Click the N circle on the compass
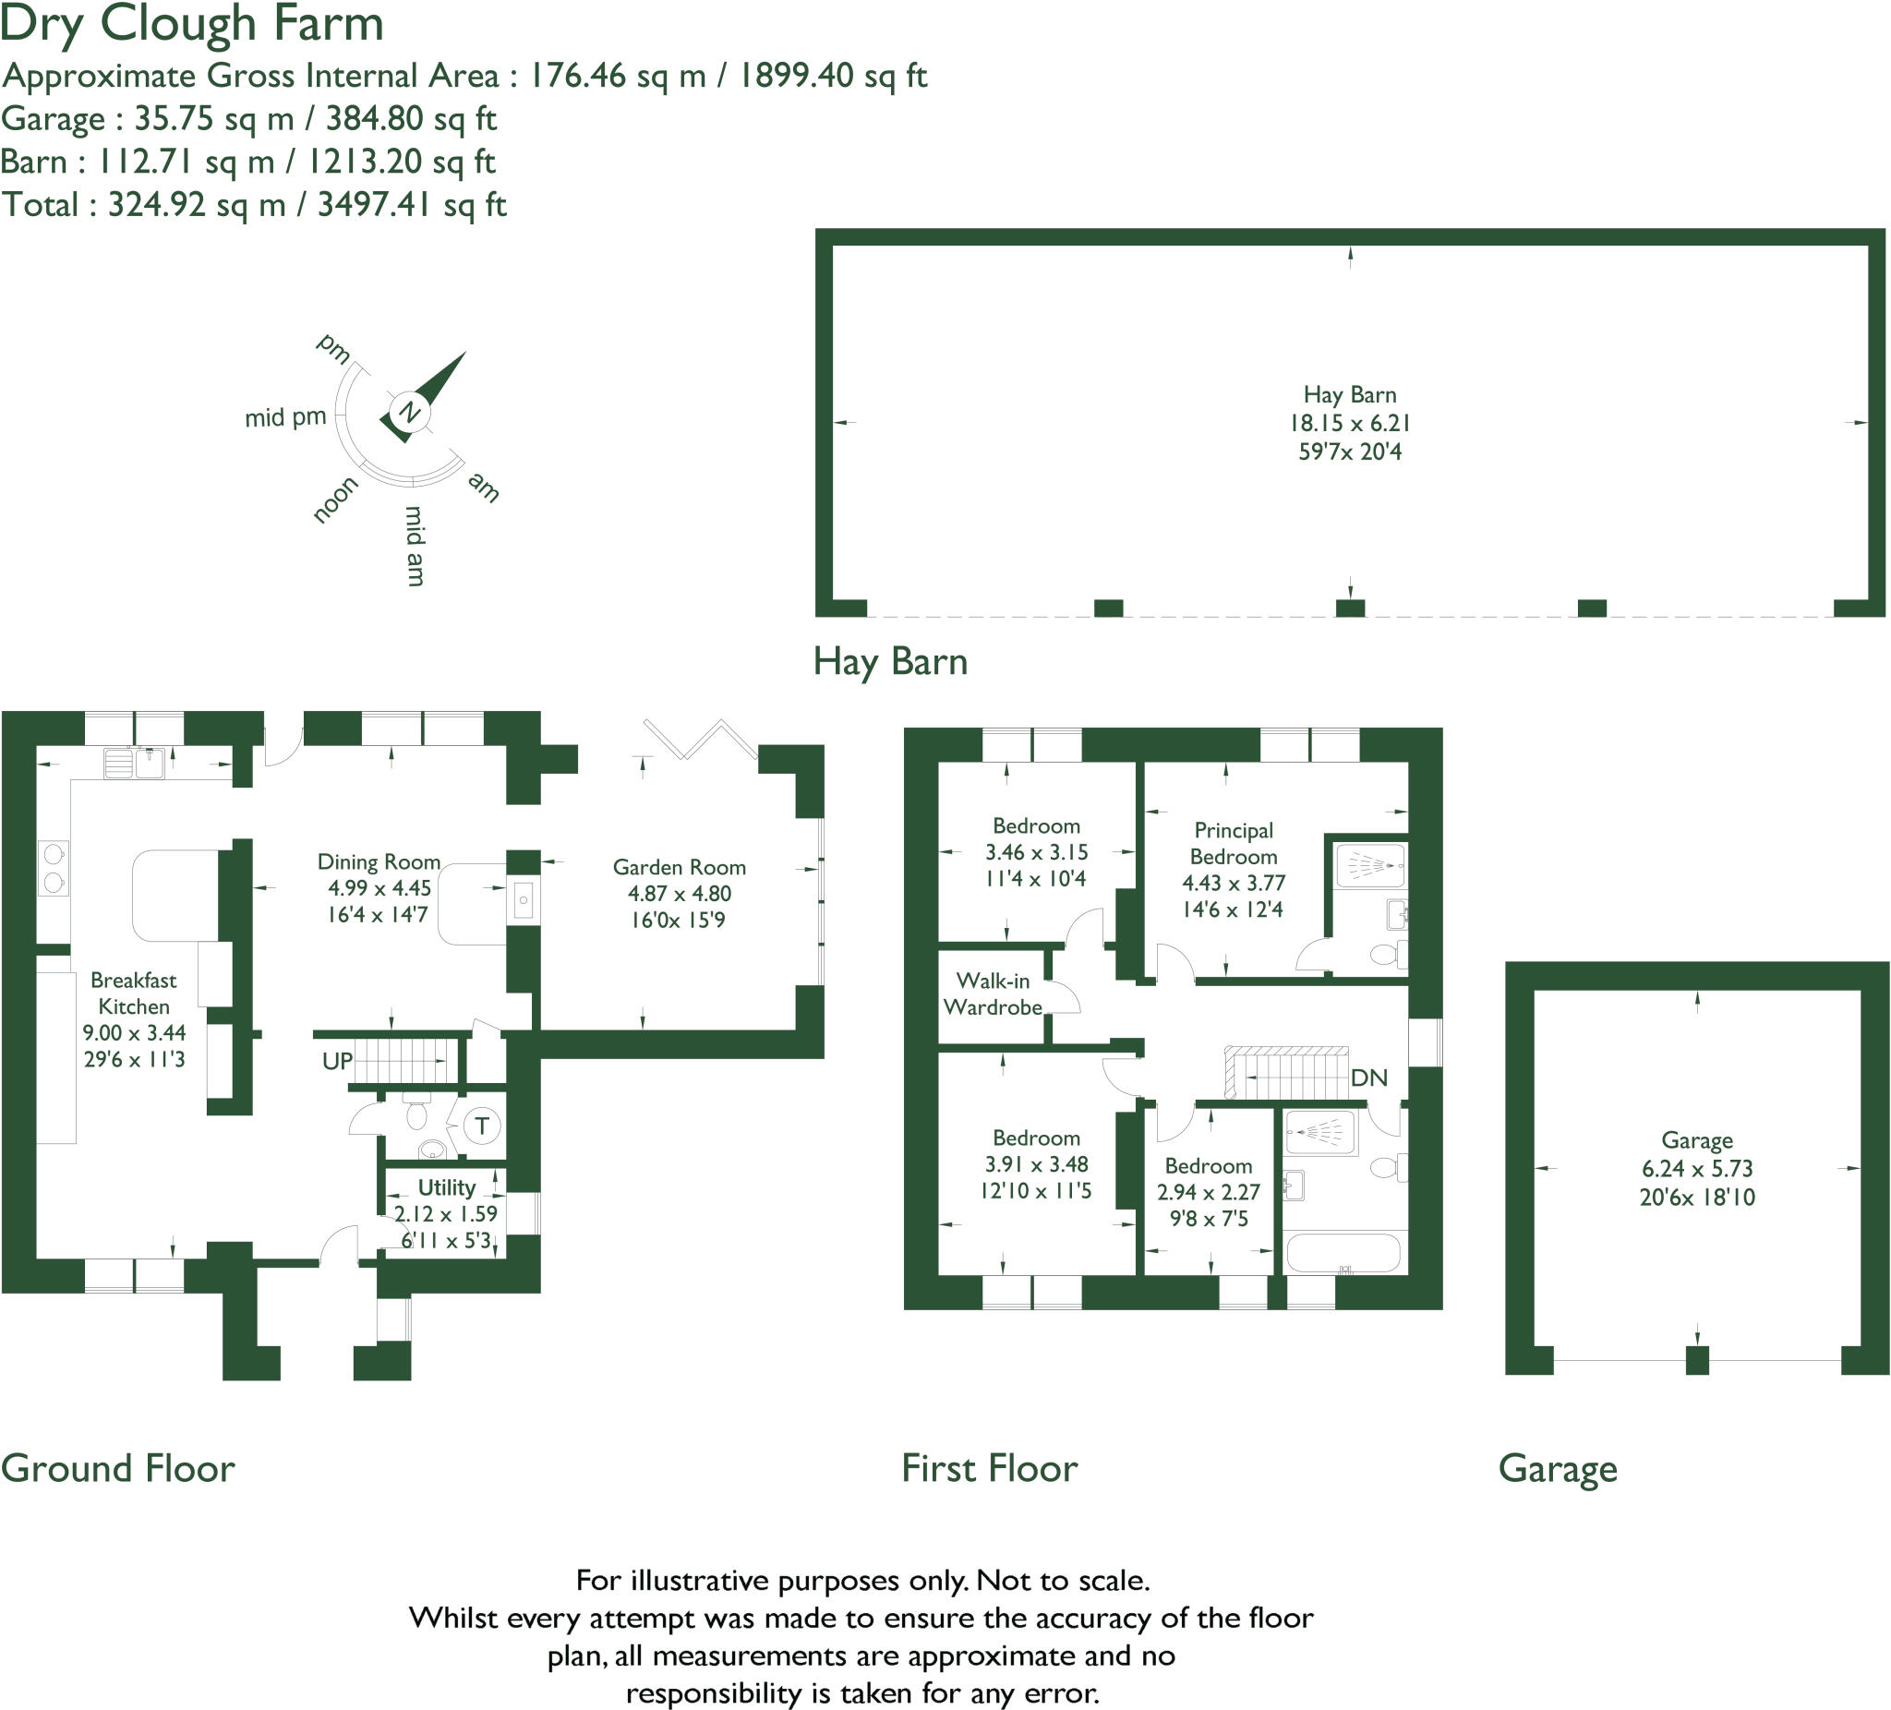click(410, 412)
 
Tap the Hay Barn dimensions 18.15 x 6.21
click(1349, 423)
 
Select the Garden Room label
click(679, 867)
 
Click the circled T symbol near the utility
click(482, 1126)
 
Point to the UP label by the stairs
click(337, 1061)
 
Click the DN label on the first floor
click(1368, 1078)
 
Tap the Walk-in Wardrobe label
click(993, 993)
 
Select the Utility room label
click(447, 1187)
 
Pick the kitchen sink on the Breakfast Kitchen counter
click(134, 763)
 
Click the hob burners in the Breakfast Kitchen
click(54, 869)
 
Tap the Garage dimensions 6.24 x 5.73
click(1697, 1169)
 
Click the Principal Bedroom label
click(1234, 843)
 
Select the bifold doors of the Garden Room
click(700, 740)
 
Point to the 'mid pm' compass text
click(285, 417)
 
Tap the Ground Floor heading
click(118, 1468)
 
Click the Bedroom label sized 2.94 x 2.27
click(1208, 1166)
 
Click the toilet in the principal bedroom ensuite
click(1385, 955)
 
